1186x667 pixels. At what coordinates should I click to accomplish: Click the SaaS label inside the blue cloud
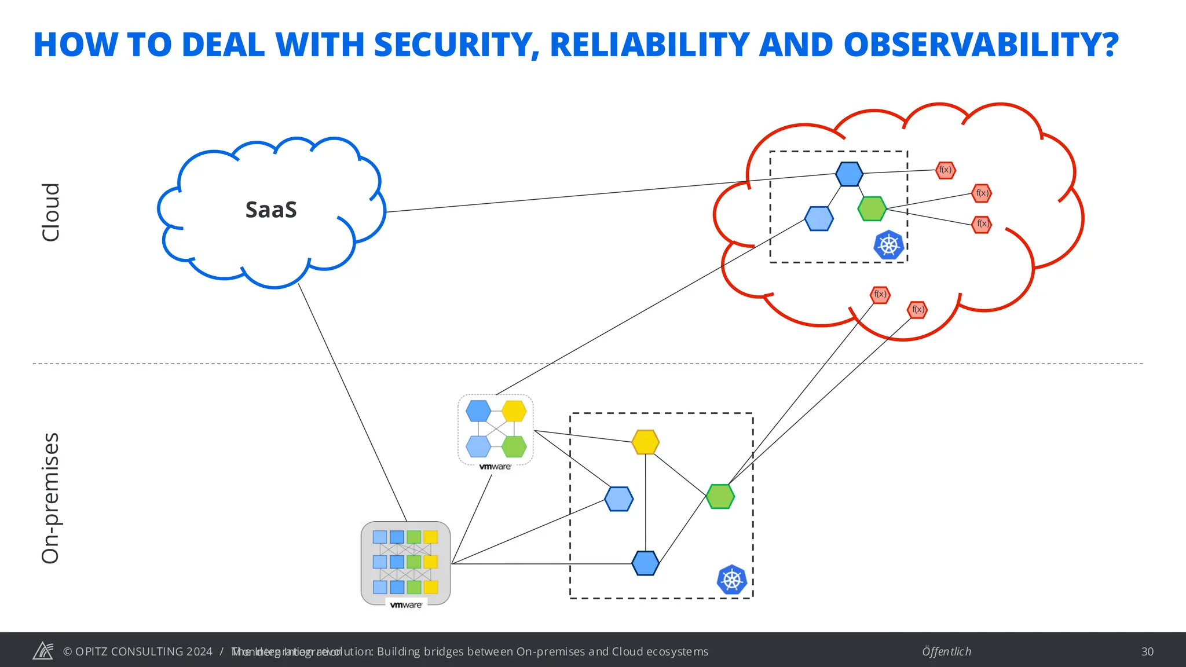[271, 210]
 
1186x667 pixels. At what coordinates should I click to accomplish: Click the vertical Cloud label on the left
[51, 212]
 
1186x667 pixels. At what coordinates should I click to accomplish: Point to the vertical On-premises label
[51, 498]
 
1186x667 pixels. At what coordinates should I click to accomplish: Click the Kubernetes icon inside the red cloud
[888, 245]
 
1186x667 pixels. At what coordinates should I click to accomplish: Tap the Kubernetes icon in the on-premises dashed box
[731, 580]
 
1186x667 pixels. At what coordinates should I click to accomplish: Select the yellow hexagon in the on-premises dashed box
[645, 442]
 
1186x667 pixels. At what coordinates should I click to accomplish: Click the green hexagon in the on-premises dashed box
[720, 497]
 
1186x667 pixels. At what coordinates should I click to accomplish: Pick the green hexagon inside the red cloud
[872, 209]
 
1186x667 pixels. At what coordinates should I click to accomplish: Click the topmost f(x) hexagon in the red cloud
[945, 170]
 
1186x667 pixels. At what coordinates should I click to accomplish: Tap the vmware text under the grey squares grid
[406, 605]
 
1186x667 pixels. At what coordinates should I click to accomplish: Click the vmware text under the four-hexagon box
[495, 467]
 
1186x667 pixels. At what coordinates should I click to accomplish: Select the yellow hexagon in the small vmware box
[514, 412]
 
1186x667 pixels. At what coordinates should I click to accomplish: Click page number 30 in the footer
[1147, 651]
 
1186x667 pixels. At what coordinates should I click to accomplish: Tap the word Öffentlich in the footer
[946, 651]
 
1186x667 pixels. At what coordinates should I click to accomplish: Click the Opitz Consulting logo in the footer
[43, 651]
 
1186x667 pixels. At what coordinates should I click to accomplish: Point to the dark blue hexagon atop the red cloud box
[849, 174]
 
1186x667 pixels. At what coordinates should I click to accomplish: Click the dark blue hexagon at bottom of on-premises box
[645, 563]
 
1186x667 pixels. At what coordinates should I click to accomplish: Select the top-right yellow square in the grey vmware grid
[430, 537]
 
